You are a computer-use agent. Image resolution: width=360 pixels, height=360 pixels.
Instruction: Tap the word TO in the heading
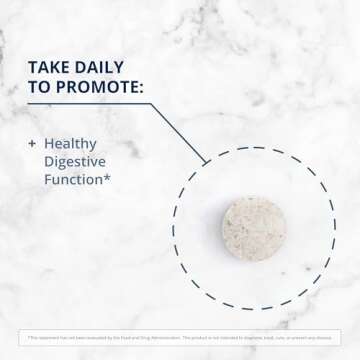coord(41,88)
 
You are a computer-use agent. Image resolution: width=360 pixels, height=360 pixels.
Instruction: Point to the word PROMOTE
coord(98,88)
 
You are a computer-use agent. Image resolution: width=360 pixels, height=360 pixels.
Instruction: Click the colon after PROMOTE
coord(141,88)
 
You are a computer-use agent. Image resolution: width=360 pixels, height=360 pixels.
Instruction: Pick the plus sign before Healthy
coord(32,144)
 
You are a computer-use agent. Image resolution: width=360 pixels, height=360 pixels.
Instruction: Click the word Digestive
coord(79,162)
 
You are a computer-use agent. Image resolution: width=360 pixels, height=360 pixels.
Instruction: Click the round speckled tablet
coord(253,228)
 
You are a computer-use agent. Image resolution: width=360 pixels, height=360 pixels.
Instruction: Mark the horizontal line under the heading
coord(90,105)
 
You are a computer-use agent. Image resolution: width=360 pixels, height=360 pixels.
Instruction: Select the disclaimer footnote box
coord(180,335)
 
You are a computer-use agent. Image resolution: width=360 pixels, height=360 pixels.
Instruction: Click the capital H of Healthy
coord(50,144)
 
